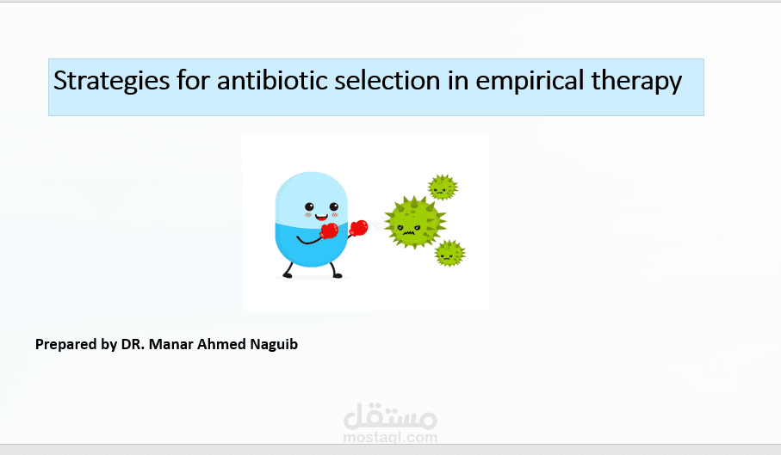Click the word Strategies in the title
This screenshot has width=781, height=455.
112,81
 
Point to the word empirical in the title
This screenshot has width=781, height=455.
530,81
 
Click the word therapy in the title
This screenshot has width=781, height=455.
636,81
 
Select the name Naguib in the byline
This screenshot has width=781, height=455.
274,345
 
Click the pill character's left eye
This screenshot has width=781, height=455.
309,207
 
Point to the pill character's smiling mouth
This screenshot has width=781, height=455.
321,218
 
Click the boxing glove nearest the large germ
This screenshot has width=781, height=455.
358,228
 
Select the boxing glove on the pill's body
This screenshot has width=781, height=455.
329,231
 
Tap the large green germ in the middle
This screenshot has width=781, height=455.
415,222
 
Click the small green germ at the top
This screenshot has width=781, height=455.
443,187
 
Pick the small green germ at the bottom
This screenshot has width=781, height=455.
449,253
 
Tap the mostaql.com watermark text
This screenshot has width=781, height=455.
390,438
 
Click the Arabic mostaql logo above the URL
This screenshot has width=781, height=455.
390,415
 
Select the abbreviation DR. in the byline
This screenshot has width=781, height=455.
133,344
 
